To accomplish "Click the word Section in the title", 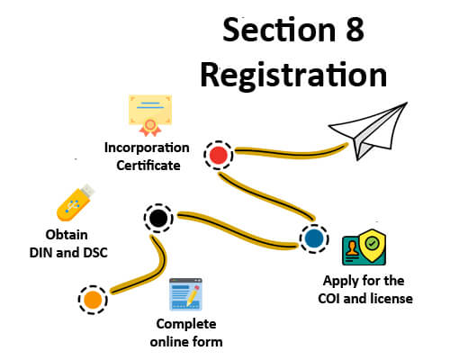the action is click(x=279, y=30).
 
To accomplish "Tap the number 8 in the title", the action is click(x=355, y=30).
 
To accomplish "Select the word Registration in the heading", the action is click(x=293, y=75).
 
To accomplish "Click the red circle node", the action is click(x=219, y=155).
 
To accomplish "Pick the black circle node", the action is click(x=158, y=218).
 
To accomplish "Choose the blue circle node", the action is click(x=314, y=238).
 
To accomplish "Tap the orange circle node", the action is click(x=93, y=300).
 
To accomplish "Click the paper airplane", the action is click(x=368, y=130).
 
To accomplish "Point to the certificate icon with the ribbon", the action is click(x=150, y=115).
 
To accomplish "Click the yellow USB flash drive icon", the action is click(x=76, y=202).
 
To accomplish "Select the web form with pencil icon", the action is click(x=185, y=294).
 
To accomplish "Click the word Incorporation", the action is click(x=147, y=148).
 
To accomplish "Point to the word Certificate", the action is click(x=148, y=166).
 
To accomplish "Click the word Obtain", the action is click(x=67, y=235).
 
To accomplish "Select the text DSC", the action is click(x=95, y=253).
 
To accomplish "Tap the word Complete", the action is click(x=186, y=324).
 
